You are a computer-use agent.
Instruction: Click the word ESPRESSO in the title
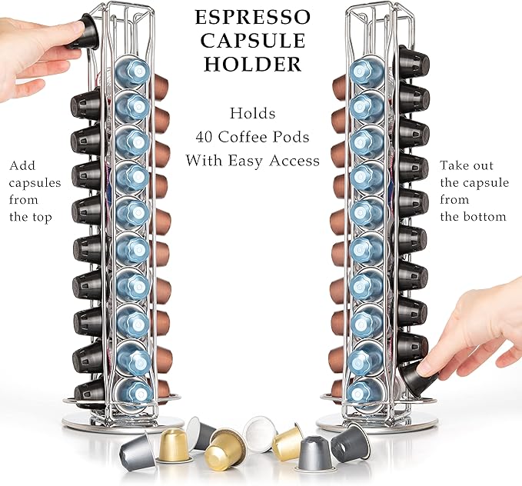(x=252, y=17)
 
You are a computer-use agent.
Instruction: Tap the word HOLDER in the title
(x=252, y=65)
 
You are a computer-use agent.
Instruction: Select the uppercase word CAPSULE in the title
(x=252, y=41)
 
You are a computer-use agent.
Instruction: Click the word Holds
(x=252, y=114)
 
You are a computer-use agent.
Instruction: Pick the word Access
(x=293, y=161)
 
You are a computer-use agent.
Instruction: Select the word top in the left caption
(x=42, y=217)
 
